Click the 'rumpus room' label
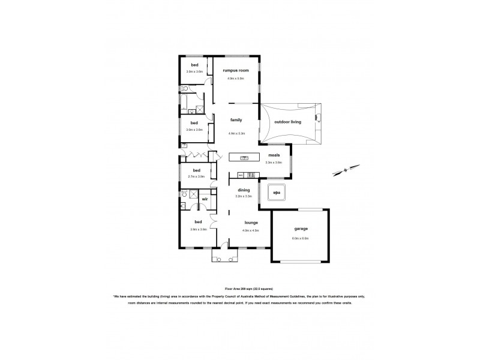235,70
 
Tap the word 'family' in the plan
236,119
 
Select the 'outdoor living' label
287,122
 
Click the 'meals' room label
274,155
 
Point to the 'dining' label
243,190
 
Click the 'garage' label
300,229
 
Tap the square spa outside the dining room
277,193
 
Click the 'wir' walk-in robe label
205,199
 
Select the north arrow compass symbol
346,170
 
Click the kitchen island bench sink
244,158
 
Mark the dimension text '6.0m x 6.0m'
300,238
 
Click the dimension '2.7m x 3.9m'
196,177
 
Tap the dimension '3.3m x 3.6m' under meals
274,162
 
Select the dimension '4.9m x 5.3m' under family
236,133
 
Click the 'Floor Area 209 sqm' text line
239,289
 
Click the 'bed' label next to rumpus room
194,64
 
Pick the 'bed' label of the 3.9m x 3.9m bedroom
194,222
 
